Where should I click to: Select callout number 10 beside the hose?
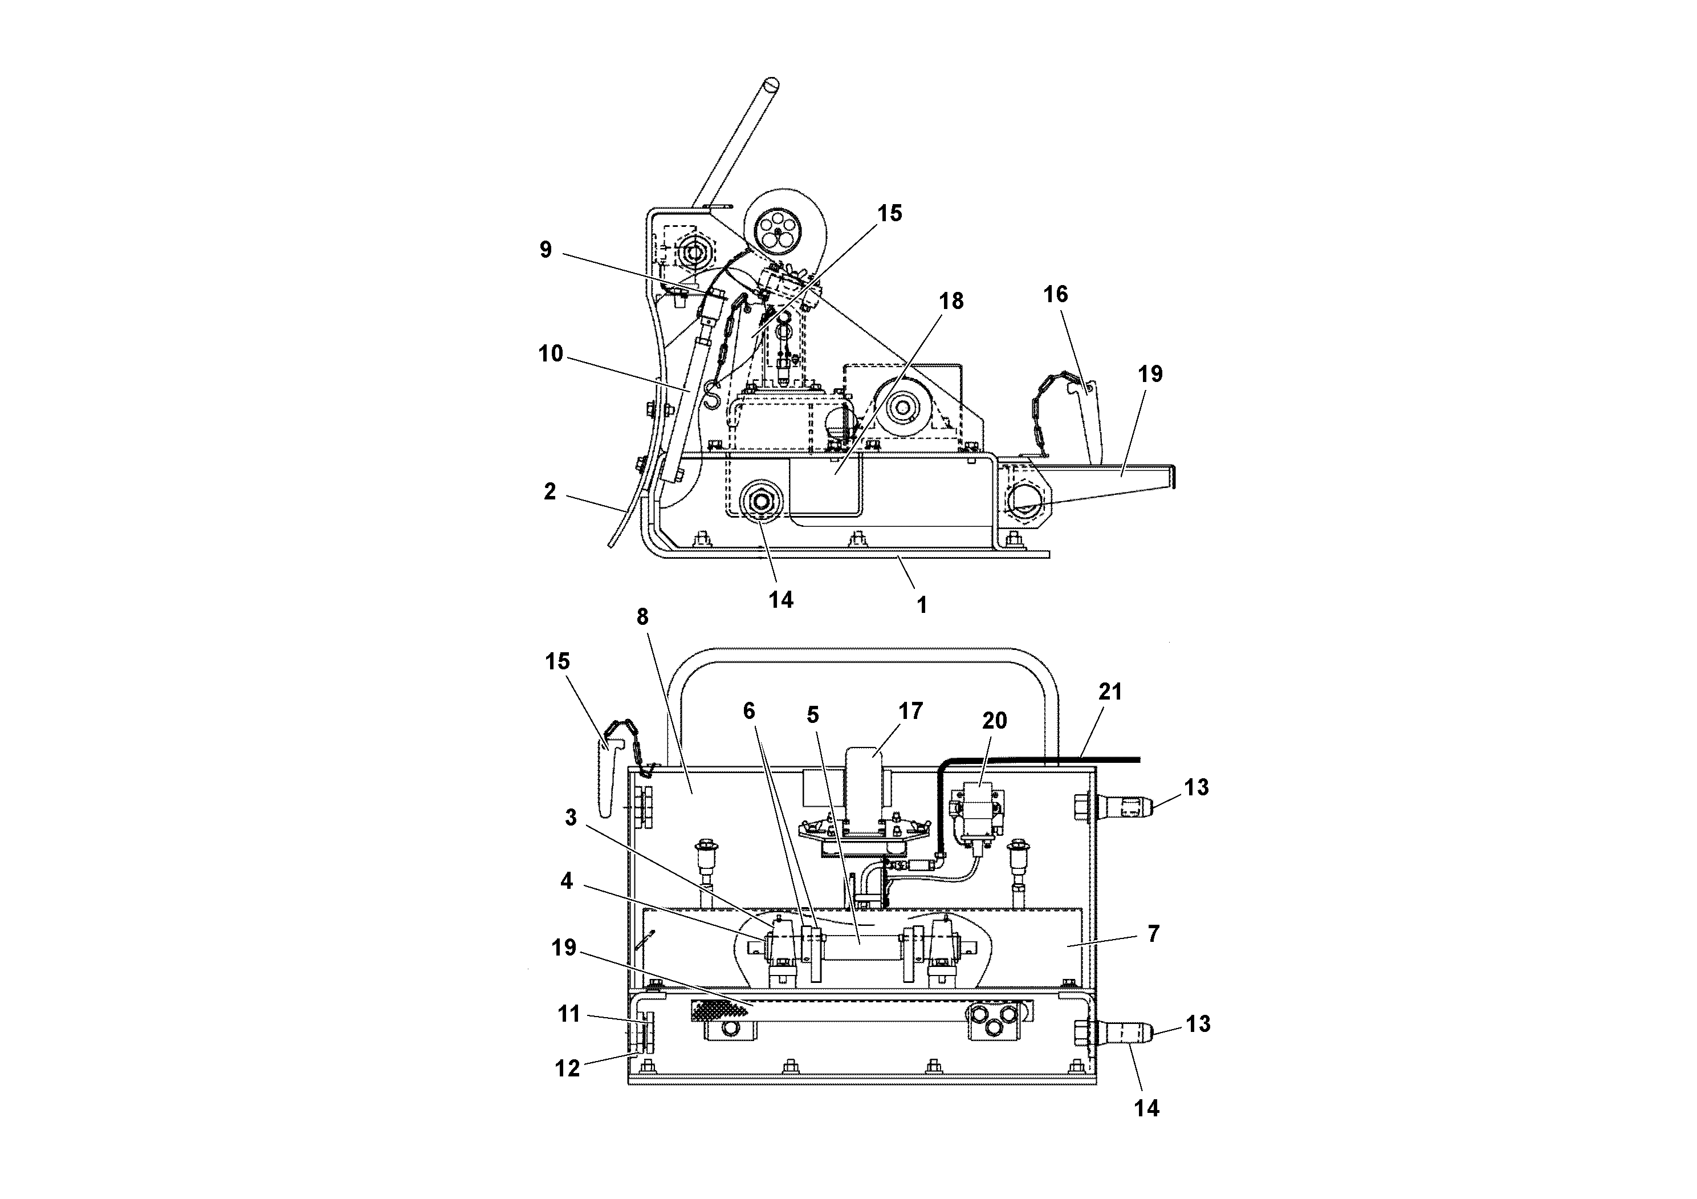(x=551, y=354)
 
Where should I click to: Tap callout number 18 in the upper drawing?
(x=951, y=302)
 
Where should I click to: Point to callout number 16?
(x=1056, y=294)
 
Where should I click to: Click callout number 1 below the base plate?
(x=922, y=605)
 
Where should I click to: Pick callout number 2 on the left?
(x=549, y=491)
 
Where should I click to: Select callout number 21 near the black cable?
(x=1110, y=692)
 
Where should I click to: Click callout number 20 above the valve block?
(x=994, y=720)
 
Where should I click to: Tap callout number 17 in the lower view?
(x=910, y=710)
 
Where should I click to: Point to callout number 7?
(x=1154, y=934)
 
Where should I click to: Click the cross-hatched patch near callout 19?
(x=717, y=1010)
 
